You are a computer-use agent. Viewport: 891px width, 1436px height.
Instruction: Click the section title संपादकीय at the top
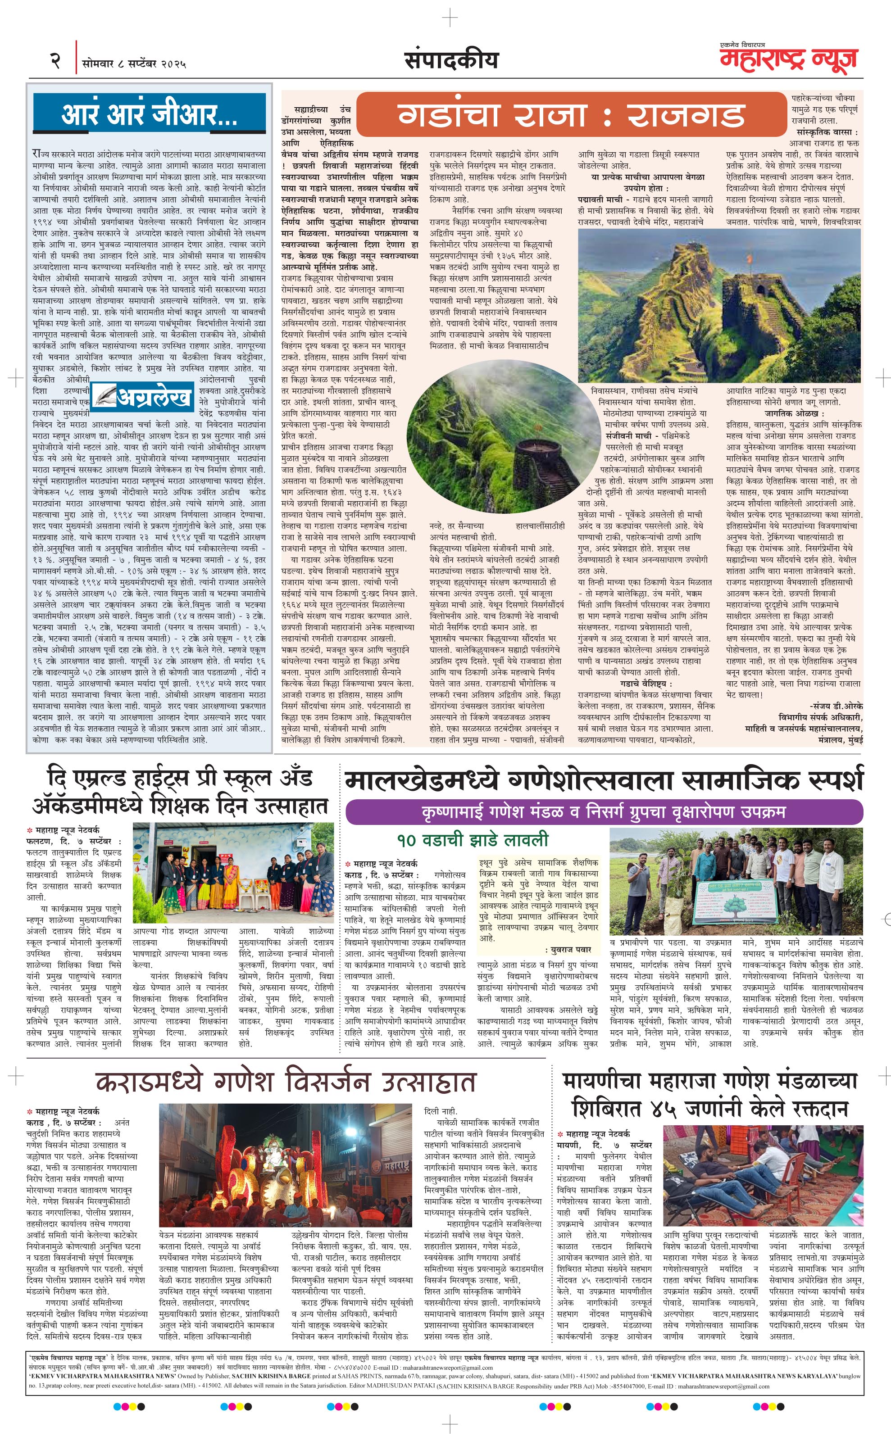coord(451,60)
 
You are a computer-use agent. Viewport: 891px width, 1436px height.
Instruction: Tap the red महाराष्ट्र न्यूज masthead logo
coord(788,60)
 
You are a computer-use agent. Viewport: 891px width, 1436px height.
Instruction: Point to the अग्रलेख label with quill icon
coord(143,398)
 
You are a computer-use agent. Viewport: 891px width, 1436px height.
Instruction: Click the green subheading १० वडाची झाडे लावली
coord(473,839)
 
